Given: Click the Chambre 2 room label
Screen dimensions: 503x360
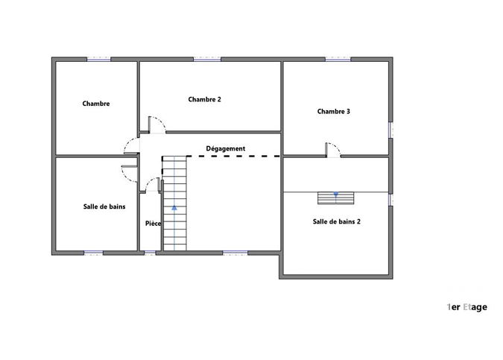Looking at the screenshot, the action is click(x=204, y=99).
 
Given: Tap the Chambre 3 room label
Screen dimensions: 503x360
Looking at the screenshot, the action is click(x=333, y=111).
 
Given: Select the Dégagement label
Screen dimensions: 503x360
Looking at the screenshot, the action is click(x=226, y=148).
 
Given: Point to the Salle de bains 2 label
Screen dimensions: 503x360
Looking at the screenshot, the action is click(x=337, y=221).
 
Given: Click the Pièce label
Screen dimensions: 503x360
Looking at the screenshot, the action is click(x=153, y=224).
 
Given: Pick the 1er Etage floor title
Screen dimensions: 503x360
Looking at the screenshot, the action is click(x=466, y=307).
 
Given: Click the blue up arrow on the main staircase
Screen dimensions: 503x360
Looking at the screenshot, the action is click(x=174, y=208).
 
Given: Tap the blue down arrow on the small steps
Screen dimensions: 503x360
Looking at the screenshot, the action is click(x=335, y=195).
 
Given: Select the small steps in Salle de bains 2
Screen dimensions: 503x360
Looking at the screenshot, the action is click(x=336, y=198).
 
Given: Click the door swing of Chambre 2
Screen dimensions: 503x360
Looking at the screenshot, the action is click(x=157, y=124).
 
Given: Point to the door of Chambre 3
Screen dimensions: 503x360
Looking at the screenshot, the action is click(x=333, y=150).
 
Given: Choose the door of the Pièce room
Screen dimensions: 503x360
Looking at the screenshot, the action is click(x=153, y=185).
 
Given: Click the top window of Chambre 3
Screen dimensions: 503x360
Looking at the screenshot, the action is click(x=338, y=60).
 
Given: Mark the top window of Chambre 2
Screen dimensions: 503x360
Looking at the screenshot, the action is click(x=207, y=60).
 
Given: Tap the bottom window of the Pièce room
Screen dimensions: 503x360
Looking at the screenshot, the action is click(x=150, y=253).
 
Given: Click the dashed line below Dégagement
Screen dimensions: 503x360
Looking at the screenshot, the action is click(x=233, y=157).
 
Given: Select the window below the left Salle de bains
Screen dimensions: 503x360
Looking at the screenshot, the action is click(x=93, y=253).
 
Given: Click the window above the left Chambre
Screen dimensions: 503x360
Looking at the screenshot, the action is click(x=99, y=60).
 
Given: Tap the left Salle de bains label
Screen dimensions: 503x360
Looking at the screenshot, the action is click(x=104, y=206).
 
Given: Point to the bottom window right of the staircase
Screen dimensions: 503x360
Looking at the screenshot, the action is click(x=235, y=253).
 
